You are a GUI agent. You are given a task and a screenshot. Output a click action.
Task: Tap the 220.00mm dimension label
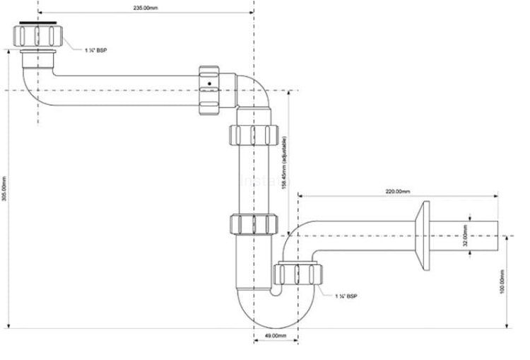coord(398,191)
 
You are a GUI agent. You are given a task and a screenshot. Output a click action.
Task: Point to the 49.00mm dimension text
coord(275,335)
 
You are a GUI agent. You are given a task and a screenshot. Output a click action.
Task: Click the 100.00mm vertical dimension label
coord(502,281)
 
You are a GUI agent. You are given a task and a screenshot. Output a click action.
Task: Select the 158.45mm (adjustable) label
coord(284,163)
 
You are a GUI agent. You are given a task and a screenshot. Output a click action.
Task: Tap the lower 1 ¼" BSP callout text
coord(346,296)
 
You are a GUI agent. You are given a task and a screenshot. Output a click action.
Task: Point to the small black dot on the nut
coord(209,83)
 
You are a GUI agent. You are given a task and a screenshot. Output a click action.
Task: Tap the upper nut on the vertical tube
coord(255,134)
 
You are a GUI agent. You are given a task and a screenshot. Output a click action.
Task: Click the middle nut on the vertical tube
coord(254,225)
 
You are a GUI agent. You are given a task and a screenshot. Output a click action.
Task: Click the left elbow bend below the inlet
coord(32,85)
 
